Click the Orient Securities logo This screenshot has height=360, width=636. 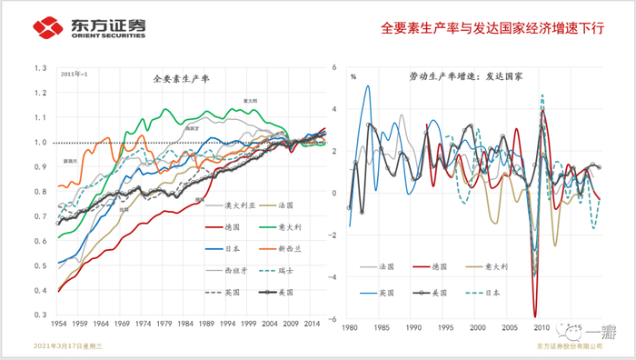[77, 27]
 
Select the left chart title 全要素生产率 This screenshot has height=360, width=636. [181, 79]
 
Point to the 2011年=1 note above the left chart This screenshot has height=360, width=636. [75, 73]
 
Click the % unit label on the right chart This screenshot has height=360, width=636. [353, 76]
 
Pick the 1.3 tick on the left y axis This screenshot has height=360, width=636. [40, 68]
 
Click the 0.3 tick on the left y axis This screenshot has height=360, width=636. [40, 315]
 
